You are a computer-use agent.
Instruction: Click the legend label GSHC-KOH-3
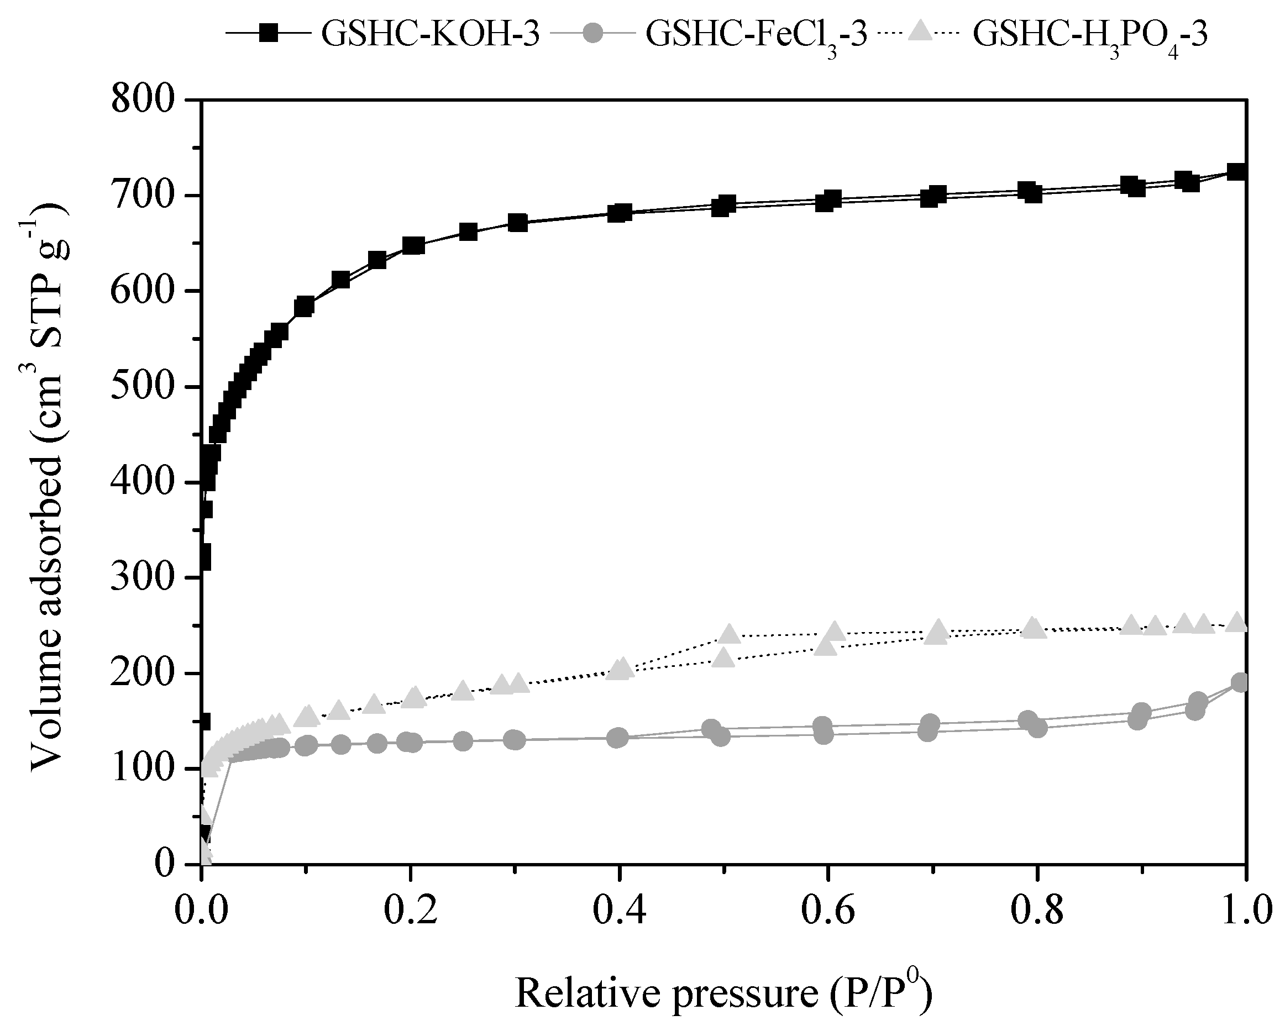coord(431,34)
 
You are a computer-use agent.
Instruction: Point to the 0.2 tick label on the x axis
coord(410,912)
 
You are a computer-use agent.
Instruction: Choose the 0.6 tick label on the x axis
coord(828,912)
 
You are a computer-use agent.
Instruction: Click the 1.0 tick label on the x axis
coord(1246,912)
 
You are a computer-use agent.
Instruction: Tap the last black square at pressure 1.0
coord(1237,172)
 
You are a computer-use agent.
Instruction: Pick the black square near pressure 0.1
coord(305,307)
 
